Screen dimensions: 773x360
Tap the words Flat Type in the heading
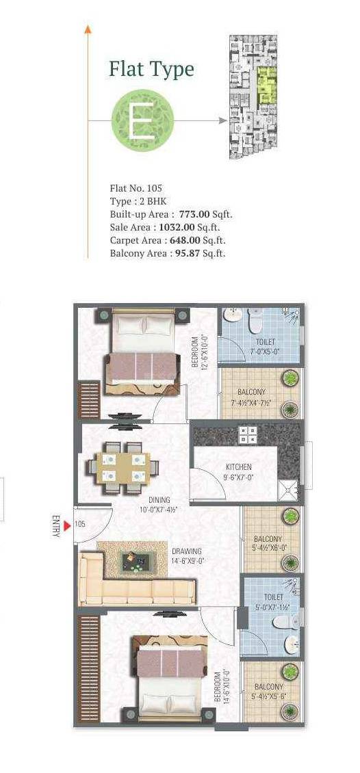point(151,69)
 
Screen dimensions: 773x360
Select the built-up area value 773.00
point(194,214)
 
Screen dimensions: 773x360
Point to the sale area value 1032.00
point(177,227)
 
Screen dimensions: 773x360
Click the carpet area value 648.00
point(183,240)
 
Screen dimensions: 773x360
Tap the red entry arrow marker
point(67,525)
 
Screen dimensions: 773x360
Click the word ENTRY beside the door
point(55,525)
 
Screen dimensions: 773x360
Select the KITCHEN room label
point(238,467)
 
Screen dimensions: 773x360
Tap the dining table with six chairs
point(123,468)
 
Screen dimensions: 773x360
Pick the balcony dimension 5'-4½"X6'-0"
point(270,547)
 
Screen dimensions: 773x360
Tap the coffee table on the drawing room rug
point(135,562)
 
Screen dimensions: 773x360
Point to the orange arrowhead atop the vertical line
point(88,28)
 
